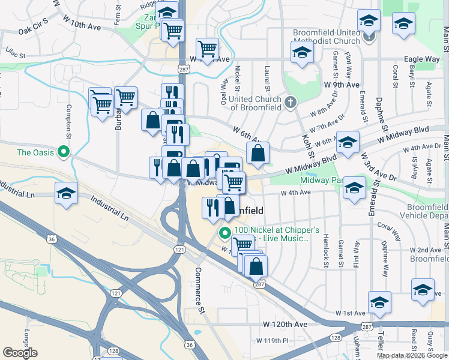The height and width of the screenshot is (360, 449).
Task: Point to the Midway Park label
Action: point(321,180)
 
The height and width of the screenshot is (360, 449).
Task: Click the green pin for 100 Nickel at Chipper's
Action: point(225,233)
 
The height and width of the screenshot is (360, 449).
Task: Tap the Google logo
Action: point(20,353)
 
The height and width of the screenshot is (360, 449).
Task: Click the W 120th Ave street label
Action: point(285,324)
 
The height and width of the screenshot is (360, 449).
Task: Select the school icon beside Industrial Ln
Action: point(67,194)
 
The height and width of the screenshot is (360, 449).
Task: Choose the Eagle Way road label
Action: point(423,59)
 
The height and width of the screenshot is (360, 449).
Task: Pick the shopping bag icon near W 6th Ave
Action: point(258,154)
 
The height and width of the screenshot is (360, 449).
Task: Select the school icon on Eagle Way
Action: point(303,53)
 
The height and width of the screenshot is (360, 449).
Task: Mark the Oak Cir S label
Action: point(32,30)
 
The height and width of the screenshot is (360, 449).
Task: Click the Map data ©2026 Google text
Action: point(412,355)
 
